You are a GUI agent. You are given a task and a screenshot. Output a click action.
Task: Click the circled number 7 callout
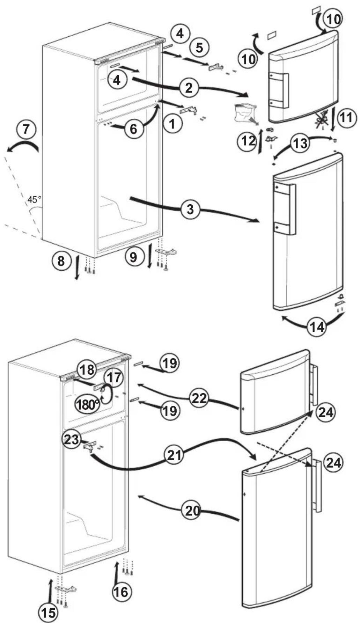coord(27,129)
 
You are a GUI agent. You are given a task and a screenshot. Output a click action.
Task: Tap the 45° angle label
coord(34,200)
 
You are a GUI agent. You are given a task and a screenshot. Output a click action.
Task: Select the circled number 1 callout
coord(172,123)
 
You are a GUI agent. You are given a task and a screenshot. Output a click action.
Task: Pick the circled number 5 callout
coord(199,47)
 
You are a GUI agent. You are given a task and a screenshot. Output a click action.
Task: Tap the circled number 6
coord(133,129)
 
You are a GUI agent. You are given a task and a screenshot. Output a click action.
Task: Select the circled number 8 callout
coord(61,261)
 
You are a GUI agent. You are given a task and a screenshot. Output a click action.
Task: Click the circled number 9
coord(133,257)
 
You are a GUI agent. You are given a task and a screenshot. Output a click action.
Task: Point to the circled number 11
coord(346,117)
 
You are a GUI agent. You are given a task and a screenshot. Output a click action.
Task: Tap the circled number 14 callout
coord(316,327)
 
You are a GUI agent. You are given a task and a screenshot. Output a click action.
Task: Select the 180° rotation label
coord(88,404)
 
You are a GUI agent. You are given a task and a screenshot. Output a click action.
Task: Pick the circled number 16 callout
coord(120,591)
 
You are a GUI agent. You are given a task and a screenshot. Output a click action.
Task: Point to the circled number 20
coord(192,511)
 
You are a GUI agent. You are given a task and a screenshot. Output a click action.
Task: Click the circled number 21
coord(174,455)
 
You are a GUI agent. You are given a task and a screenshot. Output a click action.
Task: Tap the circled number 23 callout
coord(71,439)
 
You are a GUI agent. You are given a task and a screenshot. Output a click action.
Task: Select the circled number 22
coord(199,398)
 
